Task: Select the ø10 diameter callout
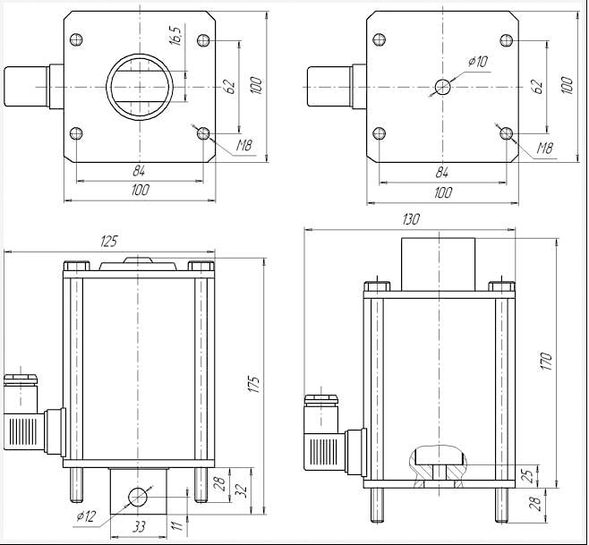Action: click(478, 62)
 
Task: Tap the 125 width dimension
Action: click(109, 242)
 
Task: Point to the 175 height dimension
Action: click(253, 385)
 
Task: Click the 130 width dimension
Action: click(411, 220)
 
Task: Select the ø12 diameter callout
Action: click(88, 515)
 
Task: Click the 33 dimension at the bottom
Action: click(139, 527)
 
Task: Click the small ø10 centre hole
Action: click(443, 87)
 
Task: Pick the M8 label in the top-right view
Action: click(544, 149)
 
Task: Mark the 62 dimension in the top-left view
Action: click(230, 87)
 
